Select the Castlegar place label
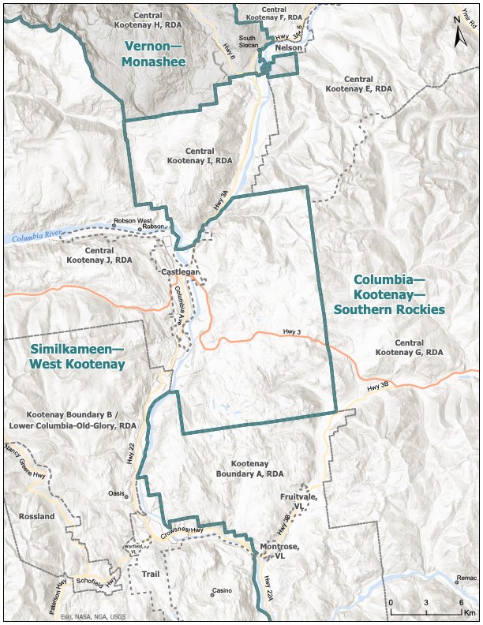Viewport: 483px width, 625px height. [178, 272]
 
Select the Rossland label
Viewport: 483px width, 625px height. [36, 517]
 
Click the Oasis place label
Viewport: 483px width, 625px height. [118, 493]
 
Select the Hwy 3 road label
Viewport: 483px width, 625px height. [292, 331]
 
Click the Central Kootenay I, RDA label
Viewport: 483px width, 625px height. [200, 155]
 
